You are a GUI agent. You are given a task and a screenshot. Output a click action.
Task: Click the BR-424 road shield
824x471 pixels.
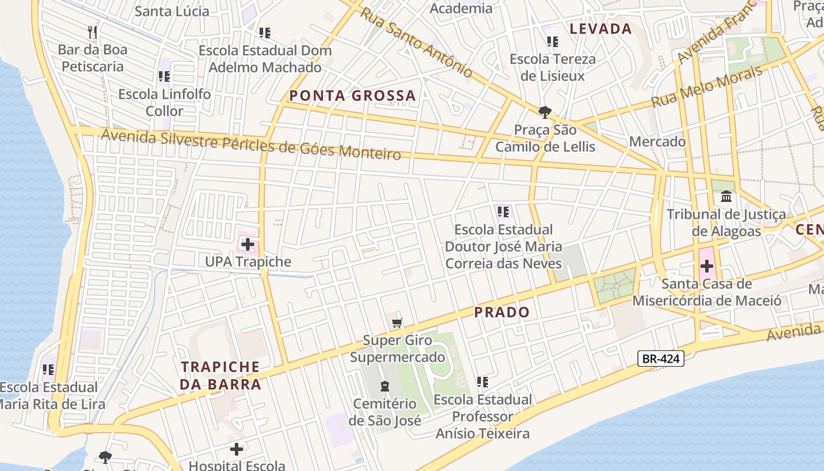point(660,359)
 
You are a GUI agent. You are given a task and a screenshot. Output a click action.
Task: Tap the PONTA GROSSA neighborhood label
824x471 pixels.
point(352,96)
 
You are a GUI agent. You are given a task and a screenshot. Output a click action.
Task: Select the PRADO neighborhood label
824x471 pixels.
point(502,313)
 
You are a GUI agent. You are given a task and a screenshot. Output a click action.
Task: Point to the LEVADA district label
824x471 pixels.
point(600,29)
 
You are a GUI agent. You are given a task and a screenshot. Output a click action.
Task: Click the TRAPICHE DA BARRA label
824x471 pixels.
point(220,376)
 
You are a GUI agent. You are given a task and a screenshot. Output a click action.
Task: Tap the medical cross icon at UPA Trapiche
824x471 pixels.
point(247,244)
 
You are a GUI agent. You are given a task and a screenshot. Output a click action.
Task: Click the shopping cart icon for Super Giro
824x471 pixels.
point(397,323)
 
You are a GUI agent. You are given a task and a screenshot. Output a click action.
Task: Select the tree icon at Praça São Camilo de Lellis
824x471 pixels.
point(545,112)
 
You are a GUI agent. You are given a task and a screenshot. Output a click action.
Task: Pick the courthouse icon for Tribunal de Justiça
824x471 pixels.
point(726,196)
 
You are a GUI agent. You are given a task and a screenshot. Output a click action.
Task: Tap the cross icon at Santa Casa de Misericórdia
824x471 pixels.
point(707,266)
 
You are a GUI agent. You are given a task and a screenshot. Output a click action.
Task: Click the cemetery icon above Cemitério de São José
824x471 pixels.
point(385,386)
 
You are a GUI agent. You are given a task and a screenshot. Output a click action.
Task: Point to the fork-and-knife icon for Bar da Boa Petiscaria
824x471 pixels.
point(92,31)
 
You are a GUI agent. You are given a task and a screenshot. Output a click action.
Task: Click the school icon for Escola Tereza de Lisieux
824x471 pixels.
point(552,41)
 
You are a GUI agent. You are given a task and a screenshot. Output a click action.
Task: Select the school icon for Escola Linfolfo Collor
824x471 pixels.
point(164,76)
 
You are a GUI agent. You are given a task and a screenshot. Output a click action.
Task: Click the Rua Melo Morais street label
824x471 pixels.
point(706,87)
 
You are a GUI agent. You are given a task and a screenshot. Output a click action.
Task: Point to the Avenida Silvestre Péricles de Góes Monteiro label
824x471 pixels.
point(251,145)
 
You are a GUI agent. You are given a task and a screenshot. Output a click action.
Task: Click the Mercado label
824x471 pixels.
point(657,142)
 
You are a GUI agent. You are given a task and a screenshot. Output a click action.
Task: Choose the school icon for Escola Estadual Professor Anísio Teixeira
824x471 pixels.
point(483,382)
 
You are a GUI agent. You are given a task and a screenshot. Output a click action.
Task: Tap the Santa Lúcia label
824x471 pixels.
point(172,11)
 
